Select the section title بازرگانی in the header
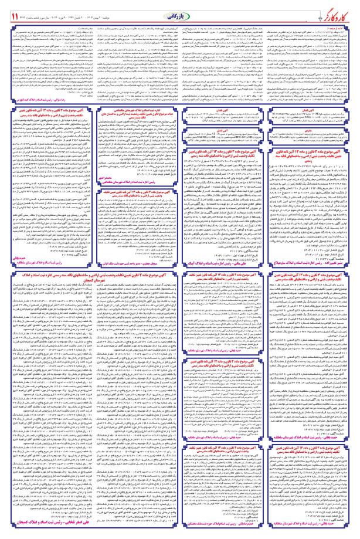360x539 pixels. pos(179,12)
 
